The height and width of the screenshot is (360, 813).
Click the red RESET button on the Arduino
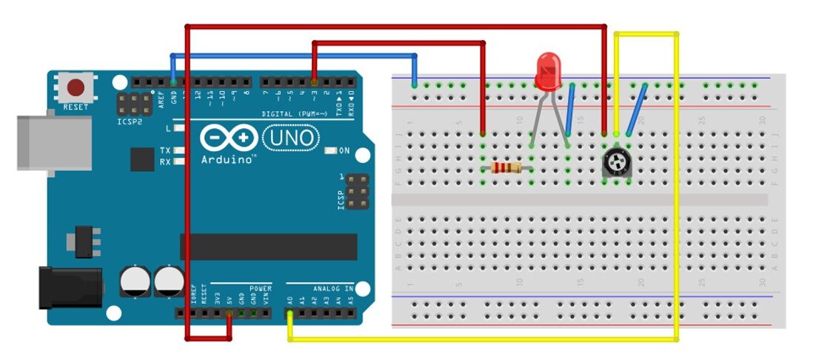pyautogui.click(x=76, y=88)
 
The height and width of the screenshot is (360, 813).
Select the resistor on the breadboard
pyautogui.click(x=506, y=168)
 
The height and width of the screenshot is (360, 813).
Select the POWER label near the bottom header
pyautogui.click(x=261, y=287)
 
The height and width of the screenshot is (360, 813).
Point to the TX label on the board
pyautogui.click(x=165, y=150)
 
